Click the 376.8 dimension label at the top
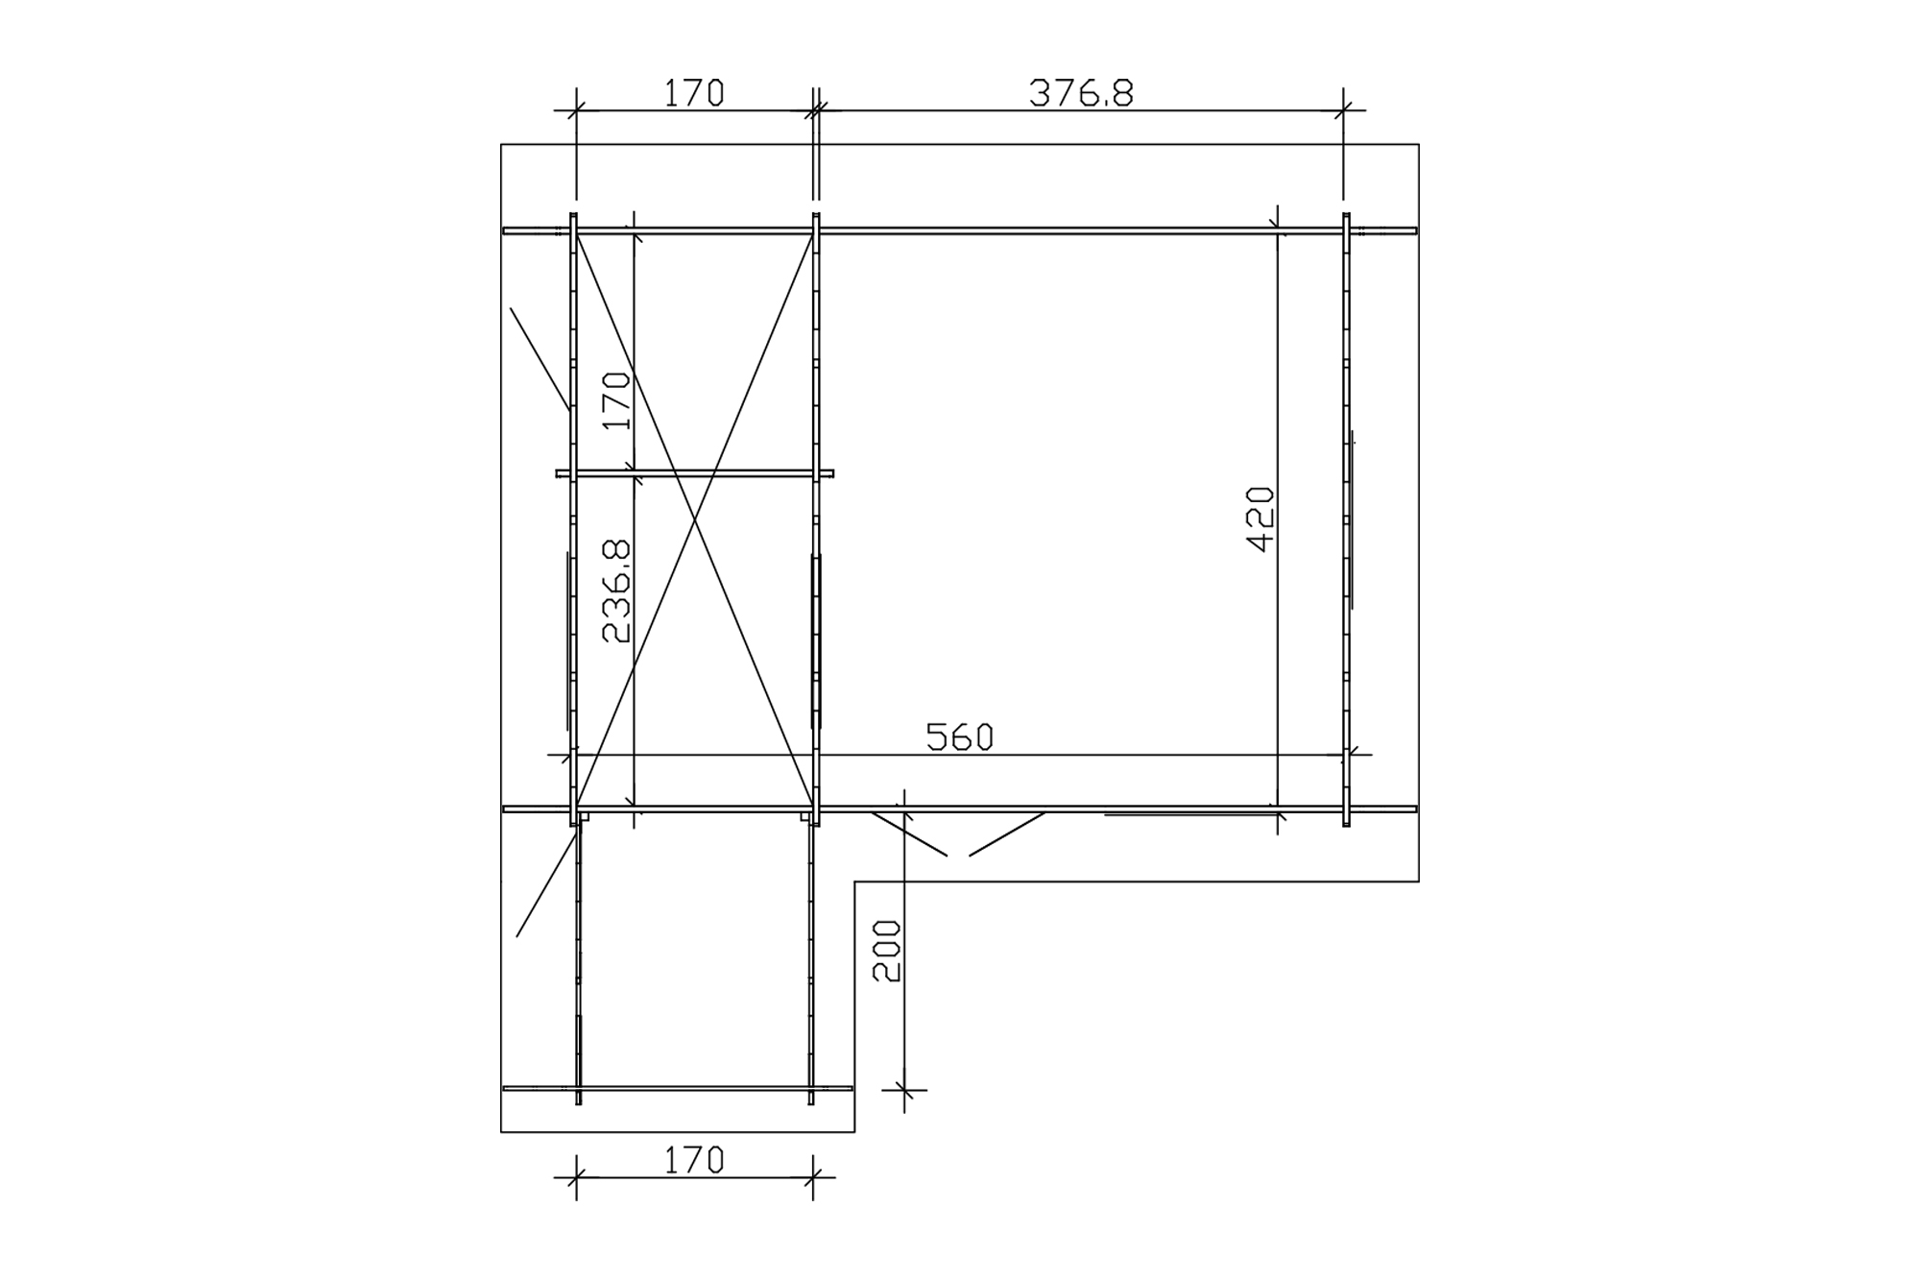1081,93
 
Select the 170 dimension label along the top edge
694,93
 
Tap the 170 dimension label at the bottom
694,1161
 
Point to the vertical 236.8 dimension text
617,591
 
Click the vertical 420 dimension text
1260,519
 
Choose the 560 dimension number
959,737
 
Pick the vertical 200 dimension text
887,951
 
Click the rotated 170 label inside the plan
617,400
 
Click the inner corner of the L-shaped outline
854,882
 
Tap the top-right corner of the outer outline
1419,145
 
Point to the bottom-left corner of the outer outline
501,1132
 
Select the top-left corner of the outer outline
501,145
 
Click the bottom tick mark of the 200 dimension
904,1090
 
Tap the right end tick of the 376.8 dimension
1343,110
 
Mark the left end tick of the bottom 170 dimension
576,1177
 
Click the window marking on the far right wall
1352,519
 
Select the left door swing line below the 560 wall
909,833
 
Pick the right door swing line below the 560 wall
1007,833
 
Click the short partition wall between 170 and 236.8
694,473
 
